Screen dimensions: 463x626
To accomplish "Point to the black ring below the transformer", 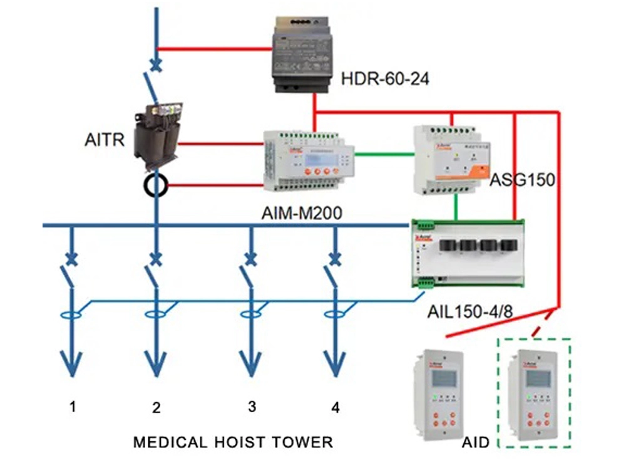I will pos(155,185).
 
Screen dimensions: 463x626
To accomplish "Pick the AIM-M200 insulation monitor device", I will pos(307,160).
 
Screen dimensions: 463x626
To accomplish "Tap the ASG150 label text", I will pos(523,181).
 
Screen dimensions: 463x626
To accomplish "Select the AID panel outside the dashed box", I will pos(436,395).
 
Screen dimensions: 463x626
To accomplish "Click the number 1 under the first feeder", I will pos(73,407).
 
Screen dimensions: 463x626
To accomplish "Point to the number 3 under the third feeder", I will pos(252,407).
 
